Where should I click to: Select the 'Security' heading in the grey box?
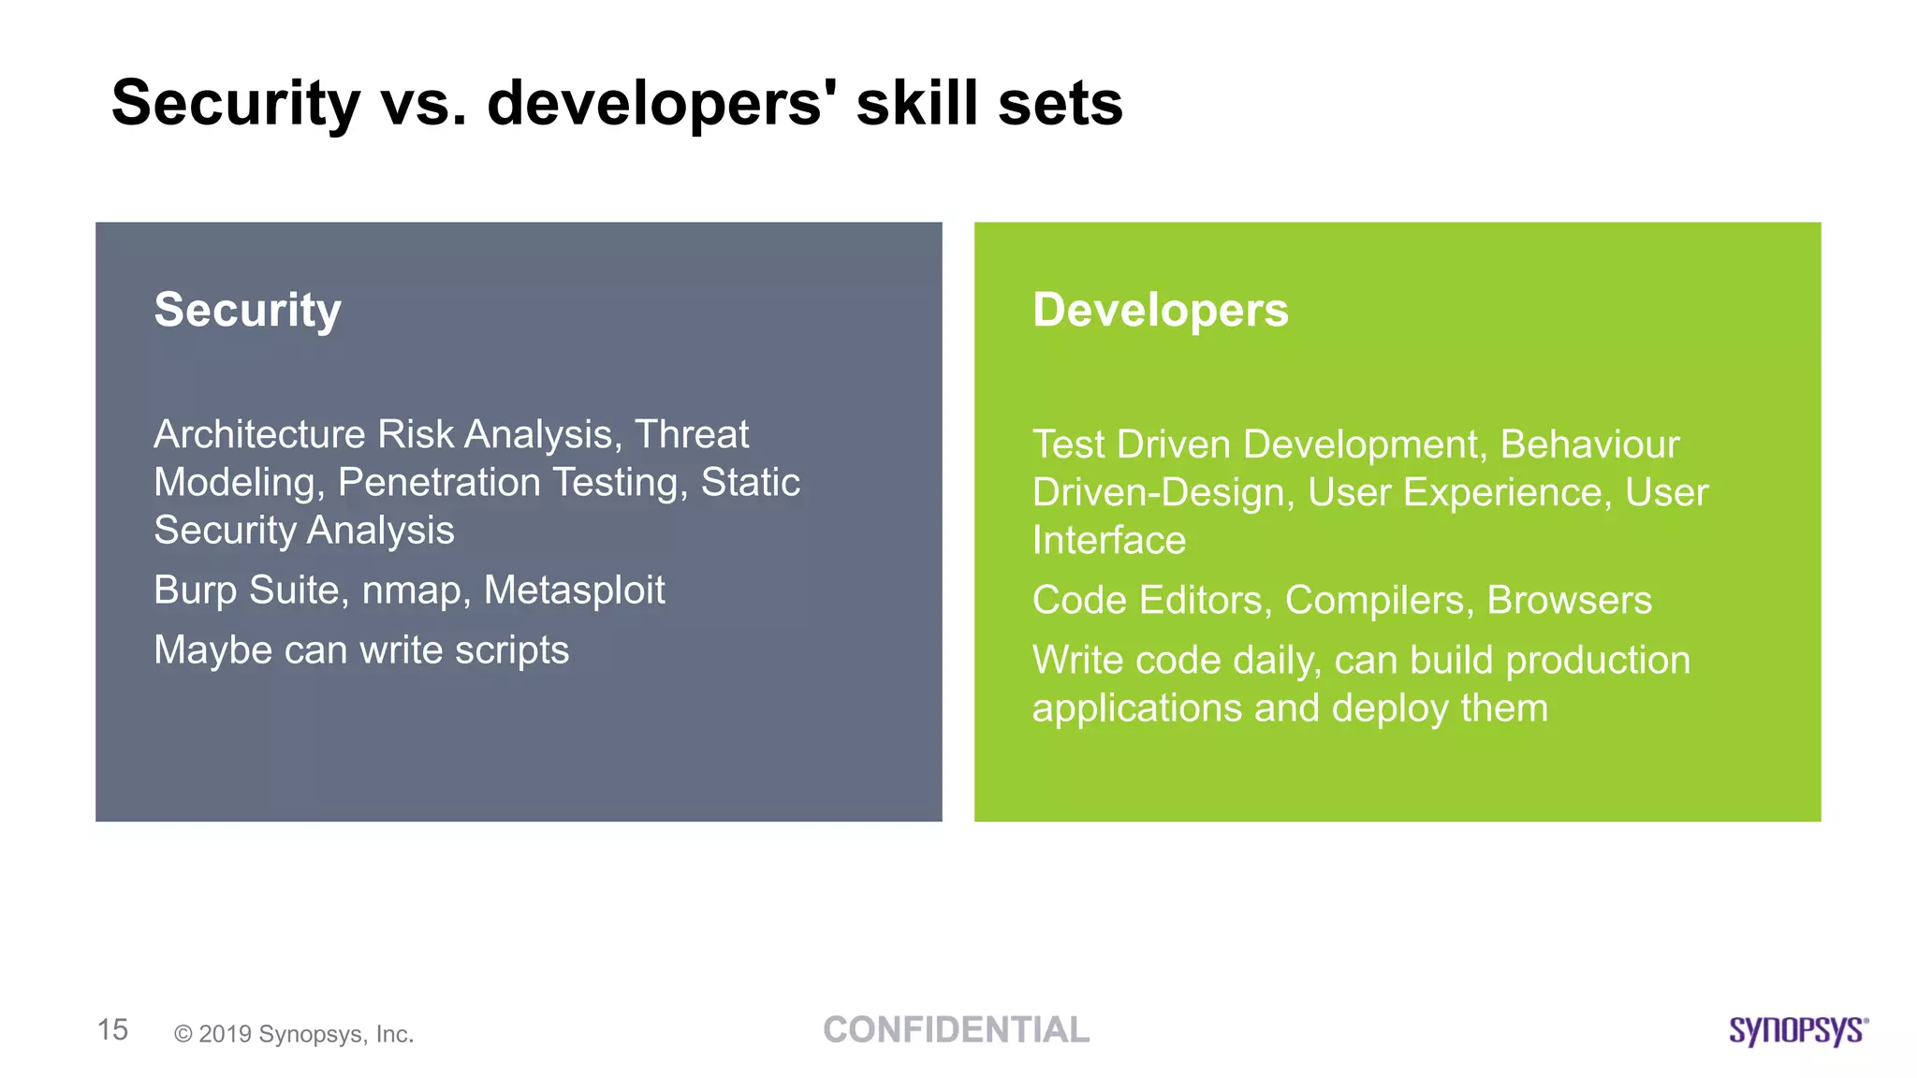point(248,310)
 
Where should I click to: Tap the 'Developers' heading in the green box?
point(1160,310)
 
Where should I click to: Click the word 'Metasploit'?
point(574,590)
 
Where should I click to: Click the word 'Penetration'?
point(439,483)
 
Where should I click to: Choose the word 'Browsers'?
point(1569,600)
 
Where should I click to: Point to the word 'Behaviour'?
point(1589,444)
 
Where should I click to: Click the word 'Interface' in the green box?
point(1108,541)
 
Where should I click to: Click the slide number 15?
point(112,1030)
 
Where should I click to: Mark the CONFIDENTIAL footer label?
point(956,1030)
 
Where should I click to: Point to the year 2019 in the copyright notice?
point(225,1034)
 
